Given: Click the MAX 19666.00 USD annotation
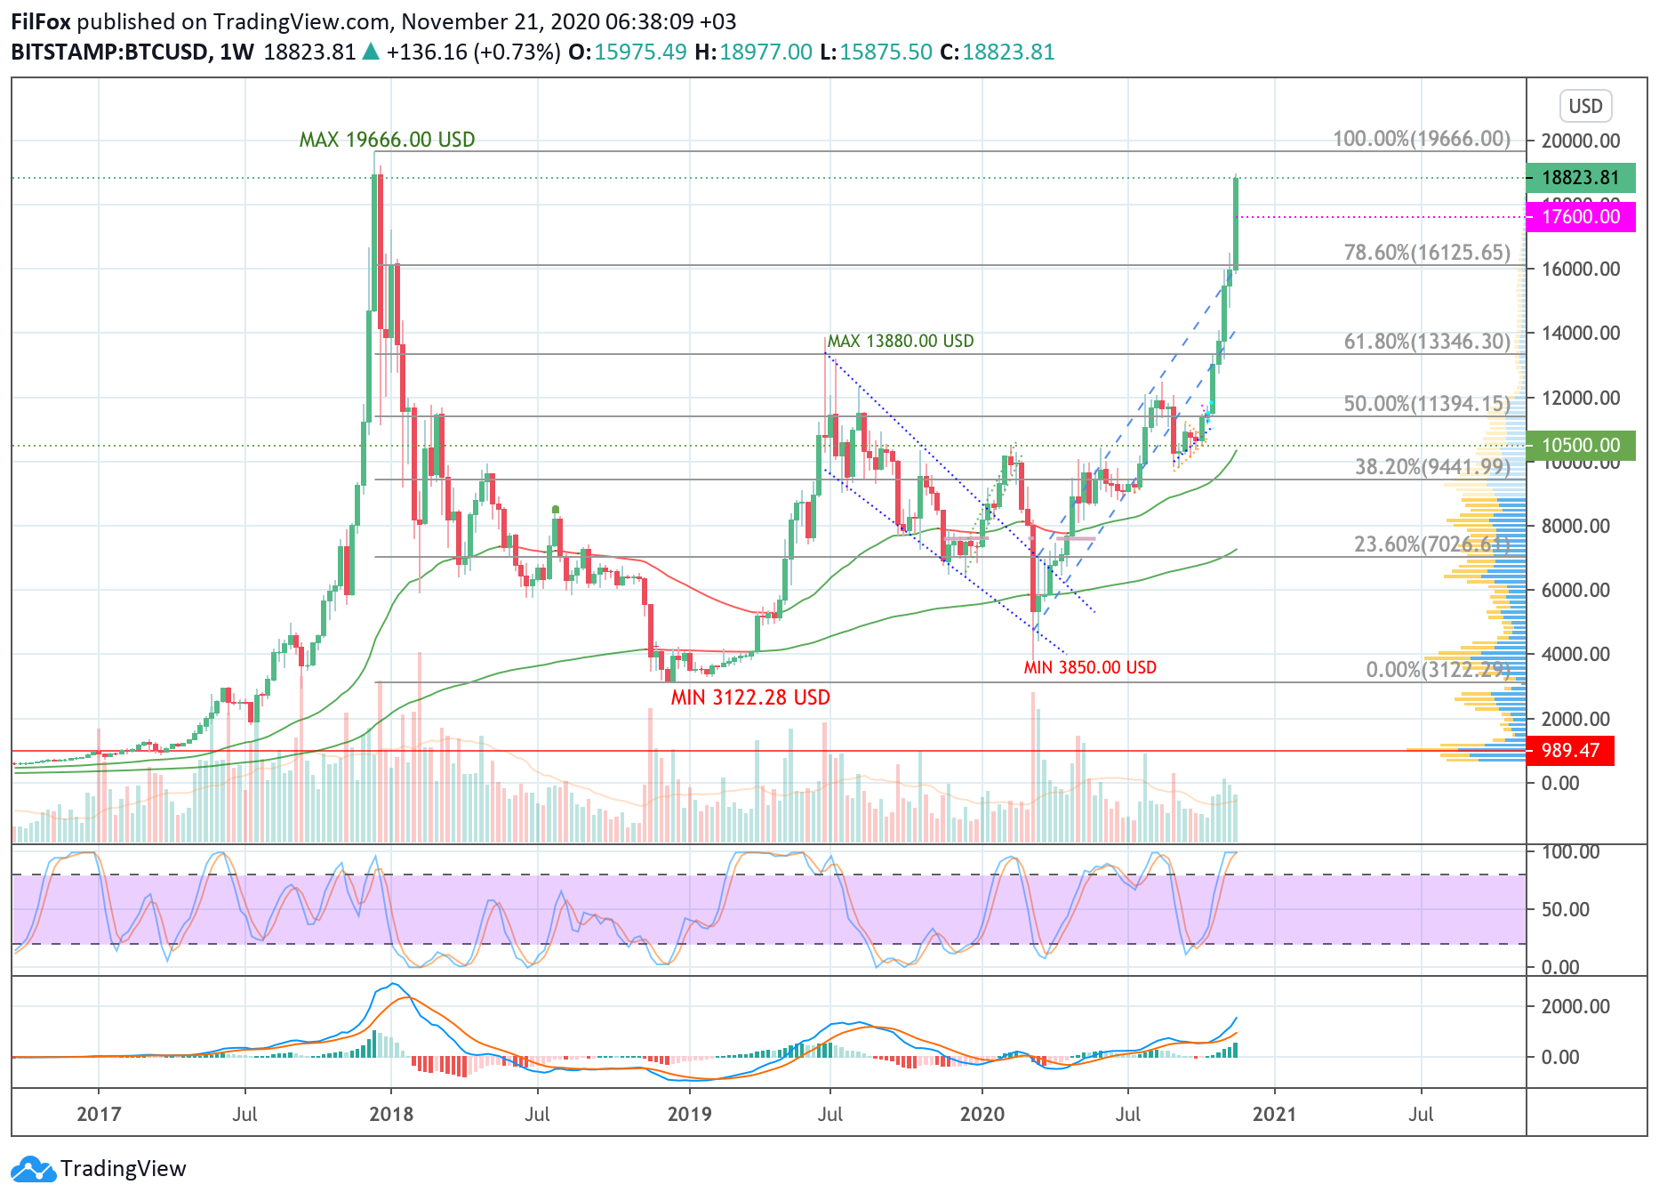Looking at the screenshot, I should (x=387, y=140).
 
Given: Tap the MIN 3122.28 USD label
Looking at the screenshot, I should (x=750, y=697).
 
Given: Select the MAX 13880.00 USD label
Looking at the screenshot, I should (x=900, y=341).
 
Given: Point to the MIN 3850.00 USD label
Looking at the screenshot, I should (x=1090, y=667).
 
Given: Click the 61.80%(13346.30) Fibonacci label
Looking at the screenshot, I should (x=1426, y=341).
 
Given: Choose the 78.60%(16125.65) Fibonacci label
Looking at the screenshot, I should (x=1426, y=253).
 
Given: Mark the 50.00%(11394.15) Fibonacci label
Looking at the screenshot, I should (x=1426, y=404).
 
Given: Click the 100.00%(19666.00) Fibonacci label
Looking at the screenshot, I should (x=1421, y=139).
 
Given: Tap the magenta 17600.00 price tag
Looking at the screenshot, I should (x=1580, y=217).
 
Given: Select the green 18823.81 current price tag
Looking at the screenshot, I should (x=1580, y=178).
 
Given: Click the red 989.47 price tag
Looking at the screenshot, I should (x=1569, y=751).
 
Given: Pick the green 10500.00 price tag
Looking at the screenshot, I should (x=1580, y=445).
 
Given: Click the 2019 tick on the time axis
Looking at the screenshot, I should (x=689, y=1114).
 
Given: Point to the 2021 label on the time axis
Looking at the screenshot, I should (x=1274, y=1114).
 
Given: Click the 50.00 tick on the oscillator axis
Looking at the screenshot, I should (x=1565, y=909).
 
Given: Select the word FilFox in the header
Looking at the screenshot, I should (x=41, y=21).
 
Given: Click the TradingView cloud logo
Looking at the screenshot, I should (x=34, y=1169).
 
